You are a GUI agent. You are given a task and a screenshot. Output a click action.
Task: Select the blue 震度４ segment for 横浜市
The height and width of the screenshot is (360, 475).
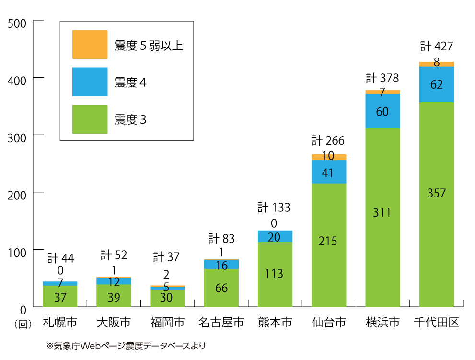click(x=382, y=111)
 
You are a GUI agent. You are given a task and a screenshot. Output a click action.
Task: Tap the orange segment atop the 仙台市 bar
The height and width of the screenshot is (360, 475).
click(x=329, y=157)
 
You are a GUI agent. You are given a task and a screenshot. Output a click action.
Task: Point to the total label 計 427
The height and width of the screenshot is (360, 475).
click(x=436, y=46)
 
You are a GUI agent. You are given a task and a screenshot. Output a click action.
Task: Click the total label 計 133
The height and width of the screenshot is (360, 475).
click(x=274, y=208)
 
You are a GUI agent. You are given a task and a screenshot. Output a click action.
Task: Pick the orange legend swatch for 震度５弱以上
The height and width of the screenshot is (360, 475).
click(x=90, y=45)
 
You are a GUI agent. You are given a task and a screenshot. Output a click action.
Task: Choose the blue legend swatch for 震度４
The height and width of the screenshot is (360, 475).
click(x=90, y=82)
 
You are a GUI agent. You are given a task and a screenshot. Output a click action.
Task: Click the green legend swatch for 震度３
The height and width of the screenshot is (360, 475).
click(x=90, y=119)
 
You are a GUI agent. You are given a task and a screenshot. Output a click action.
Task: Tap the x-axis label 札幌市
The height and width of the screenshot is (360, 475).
click(x=60, y=322)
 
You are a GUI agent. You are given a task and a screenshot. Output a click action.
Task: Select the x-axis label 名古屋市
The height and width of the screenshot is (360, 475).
click(x=221, y=322)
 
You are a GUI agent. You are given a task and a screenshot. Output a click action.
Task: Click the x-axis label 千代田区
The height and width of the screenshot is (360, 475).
click(x=436, y=322)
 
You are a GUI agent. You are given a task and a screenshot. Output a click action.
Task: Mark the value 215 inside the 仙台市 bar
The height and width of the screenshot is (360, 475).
click(x=329, y=241)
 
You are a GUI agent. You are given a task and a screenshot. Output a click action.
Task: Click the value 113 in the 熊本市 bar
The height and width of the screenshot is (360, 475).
click(x=274, y=274)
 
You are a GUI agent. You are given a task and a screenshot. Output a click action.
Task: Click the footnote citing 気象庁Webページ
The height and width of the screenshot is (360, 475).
click(x=125, y=345)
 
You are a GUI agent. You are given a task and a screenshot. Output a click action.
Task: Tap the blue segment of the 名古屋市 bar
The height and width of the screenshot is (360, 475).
click(x=221, y=265)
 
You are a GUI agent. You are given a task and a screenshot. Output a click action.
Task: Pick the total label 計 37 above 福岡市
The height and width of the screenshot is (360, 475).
click(x=166, y=257)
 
